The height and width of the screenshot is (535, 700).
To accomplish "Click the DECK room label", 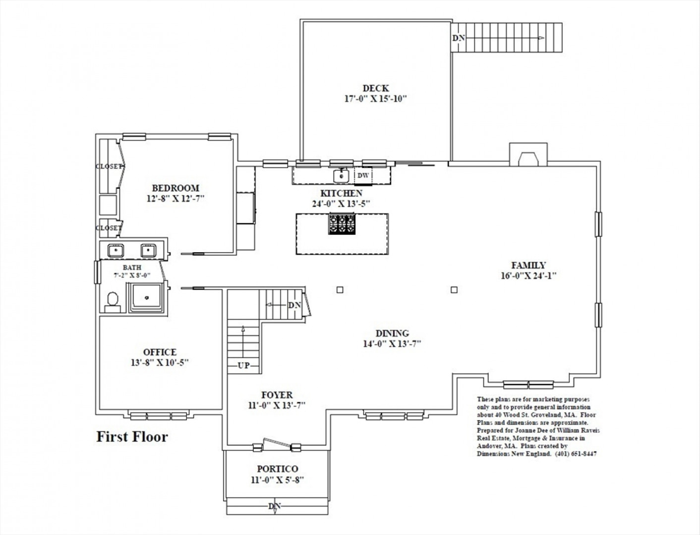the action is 376,88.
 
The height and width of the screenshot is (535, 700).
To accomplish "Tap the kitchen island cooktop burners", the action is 342,224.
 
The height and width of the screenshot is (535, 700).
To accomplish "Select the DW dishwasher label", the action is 363,175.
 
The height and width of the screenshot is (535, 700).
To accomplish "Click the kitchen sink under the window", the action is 341,176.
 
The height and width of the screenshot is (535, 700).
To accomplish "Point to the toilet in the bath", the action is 113,302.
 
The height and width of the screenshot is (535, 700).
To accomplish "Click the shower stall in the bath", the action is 147,298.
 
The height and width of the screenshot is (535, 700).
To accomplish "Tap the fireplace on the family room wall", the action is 528,155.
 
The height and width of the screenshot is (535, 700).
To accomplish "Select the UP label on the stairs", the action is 244,366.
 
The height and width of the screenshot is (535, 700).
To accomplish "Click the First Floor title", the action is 132,437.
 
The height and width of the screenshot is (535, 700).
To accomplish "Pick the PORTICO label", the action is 278,469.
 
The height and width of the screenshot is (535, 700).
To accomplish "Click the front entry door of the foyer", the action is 277,444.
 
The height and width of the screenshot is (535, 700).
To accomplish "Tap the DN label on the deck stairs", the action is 459,38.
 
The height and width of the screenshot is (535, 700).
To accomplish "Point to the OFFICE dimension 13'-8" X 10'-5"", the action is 160,363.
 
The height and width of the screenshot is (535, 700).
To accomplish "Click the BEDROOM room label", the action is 175,188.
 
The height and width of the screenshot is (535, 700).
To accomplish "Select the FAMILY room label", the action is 528,265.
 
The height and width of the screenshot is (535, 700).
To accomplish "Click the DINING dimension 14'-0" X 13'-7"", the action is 392,344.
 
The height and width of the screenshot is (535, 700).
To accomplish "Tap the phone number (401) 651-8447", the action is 576,454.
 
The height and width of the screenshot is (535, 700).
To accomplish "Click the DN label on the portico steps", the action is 275,506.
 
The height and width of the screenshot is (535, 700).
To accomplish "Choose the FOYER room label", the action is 277,395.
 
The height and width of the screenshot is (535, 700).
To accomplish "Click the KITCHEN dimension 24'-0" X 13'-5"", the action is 341,204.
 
